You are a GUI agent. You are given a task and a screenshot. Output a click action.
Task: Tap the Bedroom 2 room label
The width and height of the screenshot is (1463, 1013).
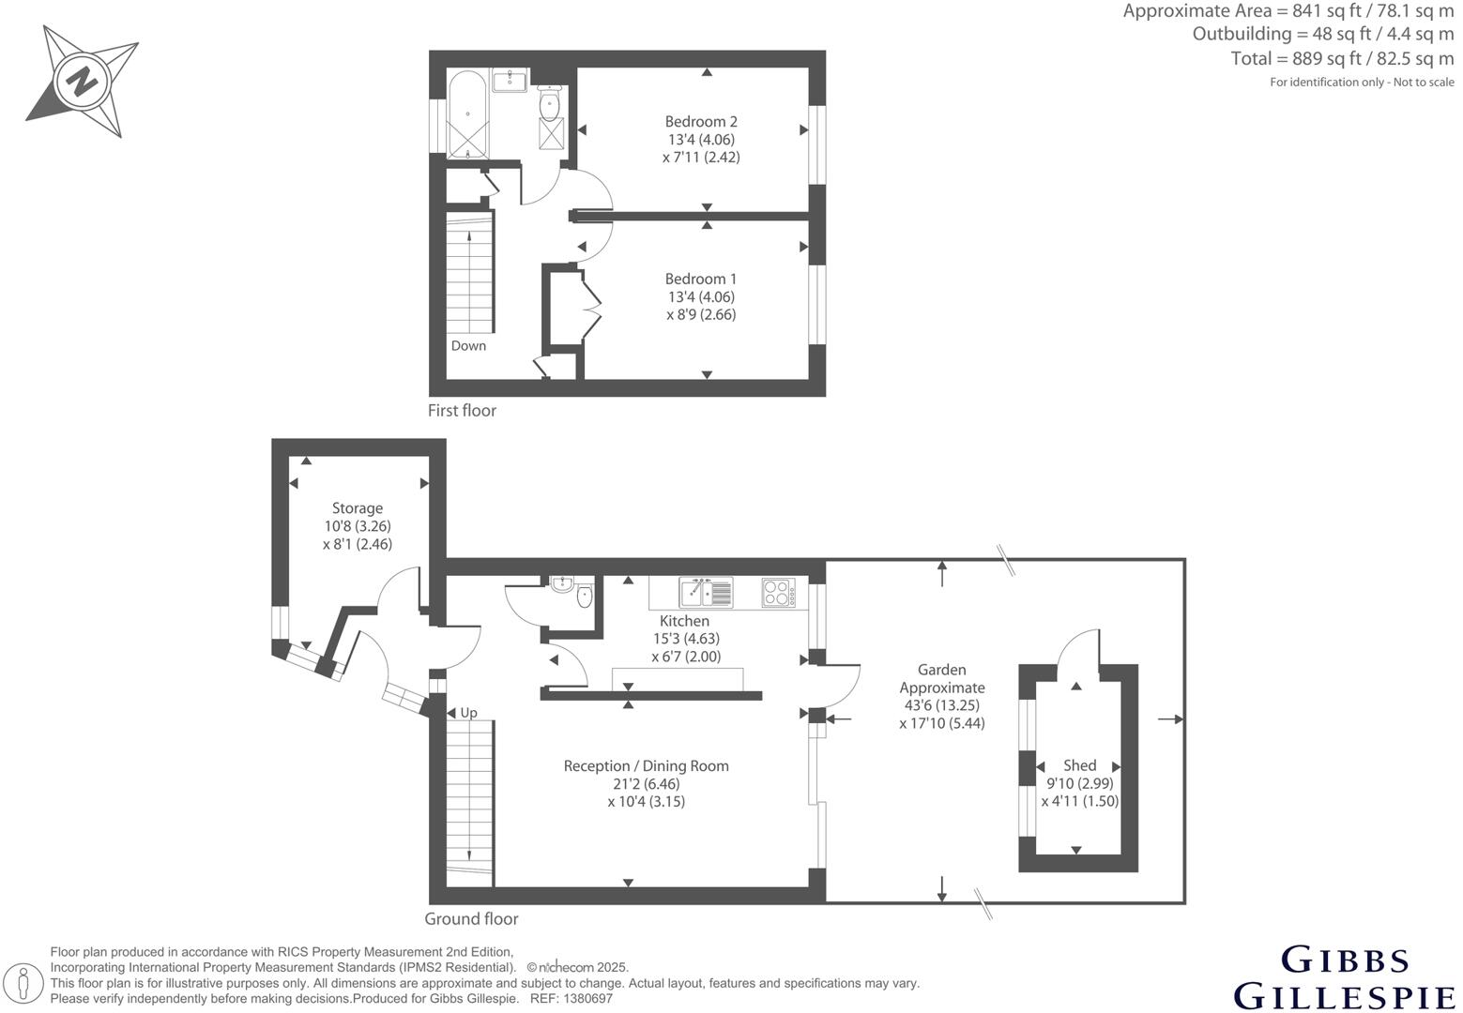click(x=701, y=121)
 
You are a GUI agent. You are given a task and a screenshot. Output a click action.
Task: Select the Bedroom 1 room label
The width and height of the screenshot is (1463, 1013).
click(x=701, y=279)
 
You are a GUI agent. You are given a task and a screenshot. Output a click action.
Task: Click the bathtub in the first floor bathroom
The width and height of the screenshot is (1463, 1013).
click(x=466, y=114)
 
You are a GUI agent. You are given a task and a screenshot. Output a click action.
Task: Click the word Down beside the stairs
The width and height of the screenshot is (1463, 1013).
click(x=468, y=345)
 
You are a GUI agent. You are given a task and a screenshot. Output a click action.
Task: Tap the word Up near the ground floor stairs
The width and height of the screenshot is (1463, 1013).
click(x=469, y=713)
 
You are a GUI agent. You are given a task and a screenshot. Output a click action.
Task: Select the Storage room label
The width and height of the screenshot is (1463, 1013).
click(x=357, y=508)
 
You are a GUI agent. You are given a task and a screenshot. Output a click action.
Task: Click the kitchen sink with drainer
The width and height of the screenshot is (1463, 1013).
click(x=706, y=593)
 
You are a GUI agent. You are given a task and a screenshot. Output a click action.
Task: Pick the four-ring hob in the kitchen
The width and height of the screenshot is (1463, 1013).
click(x=778, y=593)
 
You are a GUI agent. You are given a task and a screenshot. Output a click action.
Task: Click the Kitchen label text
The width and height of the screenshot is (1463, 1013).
click(x=684, y=621)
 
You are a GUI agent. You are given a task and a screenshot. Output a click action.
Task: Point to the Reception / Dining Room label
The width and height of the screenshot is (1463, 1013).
click(x=646, y=765)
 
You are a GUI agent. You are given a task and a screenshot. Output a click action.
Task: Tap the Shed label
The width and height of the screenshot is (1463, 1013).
click(x=1079, y=765)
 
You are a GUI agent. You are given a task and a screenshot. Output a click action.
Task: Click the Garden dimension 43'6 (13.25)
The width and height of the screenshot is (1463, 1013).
click(x=941, y=705)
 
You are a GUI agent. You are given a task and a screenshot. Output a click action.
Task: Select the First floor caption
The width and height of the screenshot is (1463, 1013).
click(x=462, y=410)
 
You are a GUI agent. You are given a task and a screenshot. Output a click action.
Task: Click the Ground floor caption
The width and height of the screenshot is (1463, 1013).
click(x=471, y=919)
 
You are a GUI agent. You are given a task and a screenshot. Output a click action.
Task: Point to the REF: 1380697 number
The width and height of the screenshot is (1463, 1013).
click(x=571, y=999)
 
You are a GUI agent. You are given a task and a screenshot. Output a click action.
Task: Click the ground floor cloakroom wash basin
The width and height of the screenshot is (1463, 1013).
click(x=563, y=584)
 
